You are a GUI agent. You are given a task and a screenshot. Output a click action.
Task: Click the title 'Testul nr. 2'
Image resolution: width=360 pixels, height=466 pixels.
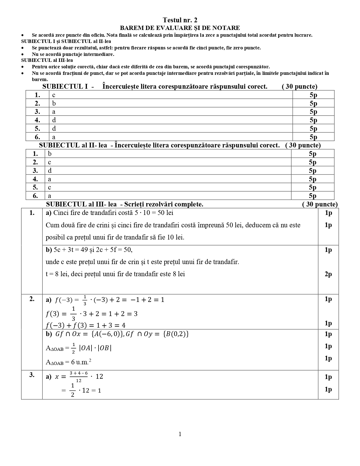(180, 20)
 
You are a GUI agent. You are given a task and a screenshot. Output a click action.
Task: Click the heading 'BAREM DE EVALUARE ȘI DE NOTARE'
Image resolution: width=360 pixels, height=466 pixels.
(180, 28)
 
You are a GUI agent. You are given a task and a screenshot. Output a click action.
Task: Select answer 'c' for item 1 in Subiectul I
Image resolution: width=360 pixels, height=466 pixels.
(54, 95)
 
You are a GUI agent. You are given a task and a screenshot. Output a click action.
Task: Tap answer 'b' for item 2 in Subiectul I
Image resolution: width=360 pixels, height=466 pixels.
(54, 103)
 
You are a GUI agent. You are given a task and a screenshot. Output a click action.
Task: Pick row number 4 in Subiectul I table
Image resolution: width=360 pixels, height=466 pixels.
(37, 120)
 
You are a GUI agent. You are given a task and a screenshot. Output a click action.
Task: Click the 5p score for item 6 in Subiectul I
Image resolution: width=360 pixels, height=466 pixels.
(313, 137)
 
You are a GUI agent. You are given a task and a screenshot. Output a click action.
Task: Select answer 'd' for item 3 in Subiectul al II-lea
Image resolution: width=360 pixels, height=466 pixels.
(50, 171)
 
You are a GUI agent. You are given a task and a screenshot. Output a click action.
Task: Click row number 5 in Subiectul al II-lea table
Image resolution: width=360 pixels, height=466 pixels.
(35, 188)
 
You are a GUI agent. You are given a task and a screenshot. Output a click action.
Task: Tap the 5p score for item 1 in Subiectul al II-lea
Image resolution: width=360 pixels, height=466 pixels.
(313, 154)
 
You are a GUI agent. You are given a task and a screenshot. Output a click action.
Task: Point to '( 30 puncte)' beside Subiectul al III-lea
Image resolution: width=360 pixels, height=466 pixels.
(320, 204)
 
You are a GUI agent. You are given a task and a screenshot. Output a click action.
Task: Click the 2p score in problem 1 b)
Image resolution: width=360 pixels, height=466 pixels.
(328, 274)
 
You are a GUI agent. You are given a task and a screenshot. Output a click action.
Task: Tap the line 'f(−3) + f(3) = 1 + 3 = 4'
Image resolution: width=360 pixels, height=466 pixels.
(86, 325)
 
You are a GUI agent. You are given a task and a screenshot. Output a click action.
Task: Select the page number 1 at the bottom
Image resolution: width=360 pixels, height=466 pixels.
(180, 434)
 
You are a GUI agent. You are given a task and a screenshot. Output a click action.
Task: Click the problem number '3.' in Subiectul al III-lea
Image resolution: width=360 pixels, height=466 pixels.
(32, 375)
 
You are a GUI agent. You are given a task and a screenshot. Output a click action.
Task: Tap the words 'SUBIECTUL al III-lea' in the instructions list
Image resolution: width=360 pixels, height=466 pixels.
(47, 60)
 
